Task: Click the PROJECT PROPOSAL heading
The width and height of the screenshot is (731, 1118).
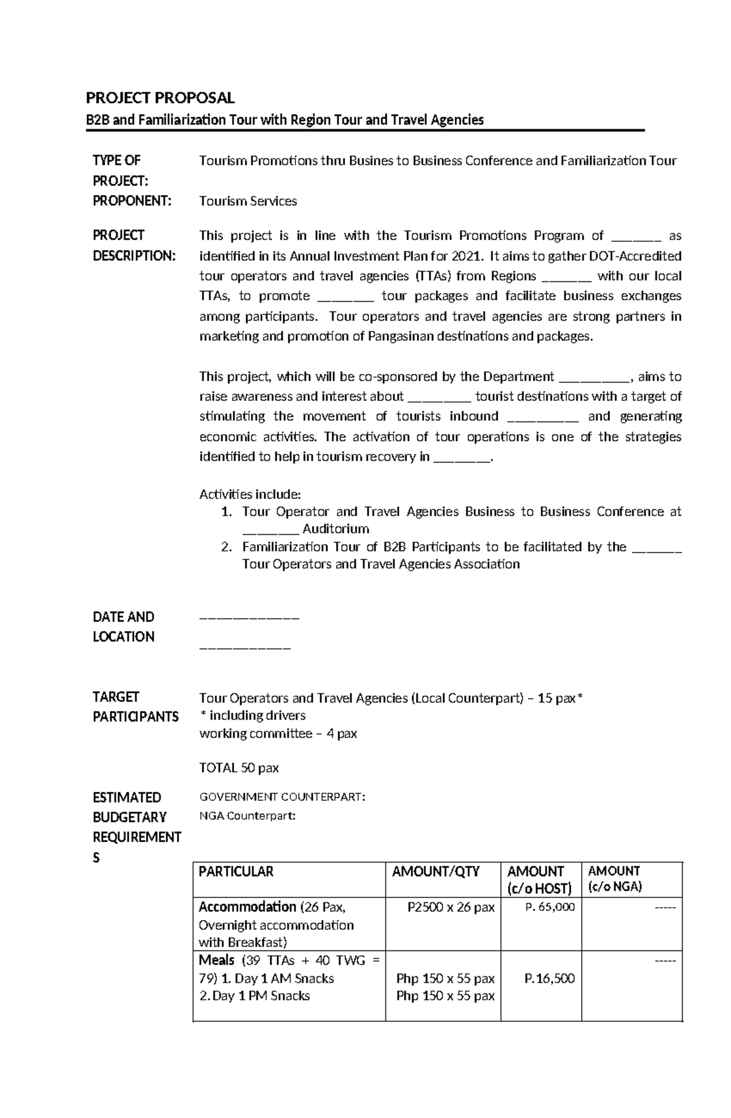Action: (x=160, y=97)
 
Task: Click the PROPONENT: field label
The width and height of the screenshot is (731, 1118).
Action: (x=132, y=201)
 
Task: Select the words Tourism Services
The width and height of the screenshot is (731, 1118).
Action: (x=248, y=201)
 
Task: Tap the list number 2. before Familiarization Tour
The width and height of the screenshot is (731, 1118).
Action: (x=227, y=547)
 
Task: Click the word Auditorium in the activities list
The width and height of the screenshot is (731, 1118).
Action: (x=336, y=529)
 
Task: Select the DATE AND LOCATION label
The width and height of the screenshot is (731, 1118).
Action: (x=124, y=626)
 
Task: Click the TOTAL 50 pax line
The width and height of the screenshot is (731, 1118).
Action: (x=239, y=768)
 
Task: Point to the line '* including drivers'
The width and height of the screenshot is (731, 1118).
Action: (x=252, y=715)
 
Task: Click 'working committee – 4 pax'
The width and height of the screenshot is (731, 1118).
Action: (x=278, y=734)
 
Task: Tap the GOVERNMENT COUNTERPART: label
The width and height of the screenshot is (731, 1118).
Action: (x=283, y=797)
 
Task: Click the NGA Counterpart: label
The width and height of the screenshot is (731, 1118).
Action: (x=247, y=816)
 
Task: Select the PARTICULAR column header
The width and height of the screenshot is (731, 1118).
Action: (x=236, y=871)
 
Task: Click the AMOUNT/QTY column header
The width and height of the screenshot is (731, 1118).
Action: (x=436, y=871)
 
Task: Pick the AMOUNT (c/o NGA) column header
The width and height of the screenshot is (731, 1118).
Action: (x=615, y=879)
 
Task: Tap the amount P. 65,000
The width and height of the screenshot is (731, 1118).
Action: (x=549, y=907)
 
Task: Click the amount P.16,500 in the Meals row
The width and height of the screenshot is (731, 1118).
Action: (x=549, y=978)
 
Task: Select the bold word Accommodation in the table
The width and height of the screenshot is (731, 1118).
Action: (x=247, y=907)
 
